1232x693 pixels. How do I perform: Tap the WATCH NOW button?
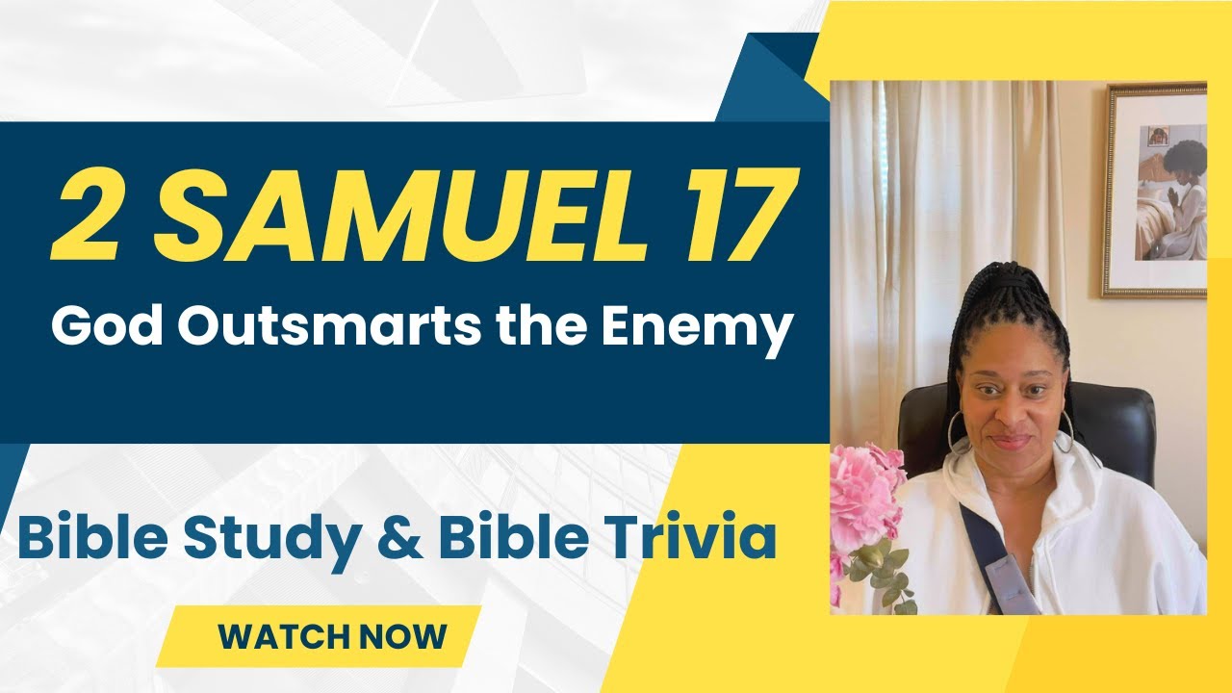pyautogui.click(x=332, y=636)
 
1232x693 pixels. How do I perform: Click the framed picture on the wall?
pyautogui.click(x=1155, y=191)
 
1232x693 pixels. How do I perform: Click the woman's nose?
pyautogui.click(x=1007, y=413)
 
